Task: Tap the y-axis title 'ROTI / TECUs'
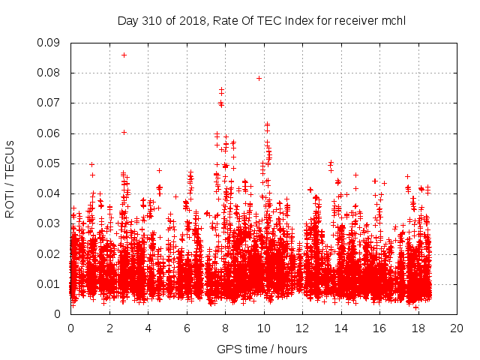(x=10, y=178)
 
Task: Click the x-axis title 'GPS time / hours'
(x=262, y=349)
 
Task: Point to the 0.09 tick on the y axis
(x=51, y=43)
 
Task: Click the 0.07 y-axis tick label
(x=51, y=103)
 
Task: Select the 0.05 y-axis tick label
(x=51, y=163)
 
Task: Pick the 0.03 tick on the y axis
(x=51, y=223)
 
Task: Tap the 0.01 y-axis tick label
(x=51, y=283)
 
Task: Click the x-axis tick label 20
(x=456, y=328)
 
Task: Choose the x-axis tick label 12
(x=301, y=328)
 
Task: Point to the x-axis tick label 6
(x=187, y=328)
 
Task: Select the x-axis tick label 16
(x=379, y=328)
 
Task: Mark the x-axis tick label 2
(x=109, y=328)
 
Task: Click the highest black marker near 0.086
(x=124, y=55)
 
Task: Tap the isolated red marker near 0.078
(x=259, y=78)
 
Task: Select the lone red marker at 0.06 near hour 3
(x=124, y=132)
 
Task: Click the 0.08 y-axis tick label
(x=51, y=73)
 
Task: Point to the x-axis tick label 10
(x=263, y=328)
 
